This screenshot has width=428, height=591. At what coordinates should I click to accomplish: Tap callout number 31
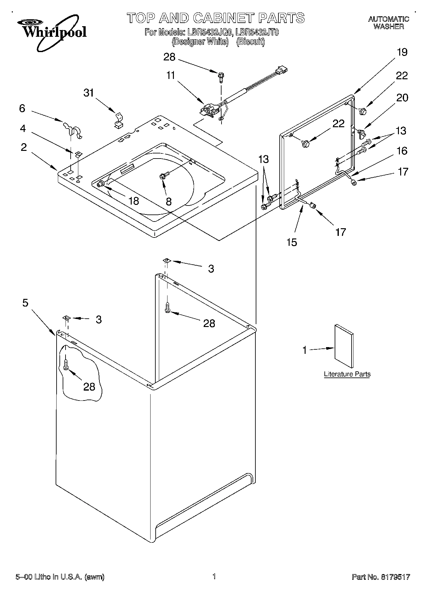(x=89, y=93)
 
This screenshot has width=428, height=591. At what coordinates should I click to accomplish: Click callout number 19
(x=402, y=52)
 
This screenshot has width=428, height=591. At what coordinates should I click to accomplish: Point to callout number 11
(x=171, y=76)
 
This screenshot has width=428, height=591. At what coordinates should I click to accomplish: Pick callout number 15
(x=292, y=242)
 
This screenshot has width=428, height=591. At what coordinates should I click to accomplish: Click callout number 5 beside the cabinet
(x=25, y=302)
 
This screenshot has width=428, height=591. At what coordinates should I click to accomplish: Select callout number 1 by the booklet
(x=304, y=351)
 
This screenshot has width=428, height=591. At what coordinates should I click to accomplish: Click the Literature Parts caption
(x=347, y=374)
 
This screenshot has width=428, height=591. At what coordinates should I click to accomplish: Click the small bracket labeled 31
(x=118, y=121)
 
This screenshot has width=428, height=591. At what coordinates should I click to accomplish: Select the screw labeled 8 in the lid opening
(x=164, y=175)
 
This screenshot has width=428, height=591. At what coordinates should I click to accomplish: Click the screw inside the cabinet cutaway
(x=66, y=364)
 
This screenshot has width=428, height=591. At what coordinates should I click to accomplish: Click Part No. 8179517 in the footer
(x=381, y=577)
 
